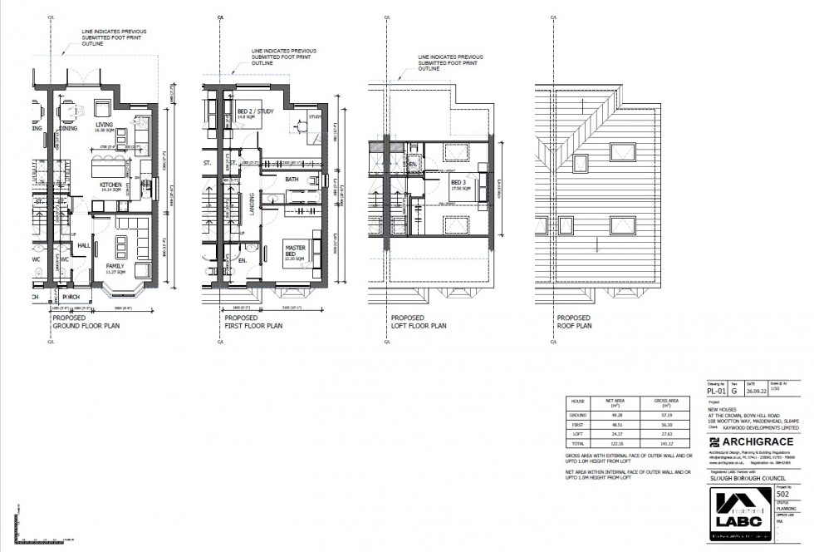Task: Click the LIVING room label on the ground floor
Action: click(x=104, y=126)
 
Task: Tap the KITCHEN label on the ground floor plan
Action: click(x=111, y=185)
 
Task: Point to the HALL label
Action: click(x=83, y=245)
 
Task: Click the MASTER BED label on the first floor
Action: click(x=296, y=249)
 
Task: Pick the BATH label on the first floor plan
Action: click(x=292, y=179)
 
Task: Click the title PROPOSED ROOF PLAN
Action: click(x=574, y=323)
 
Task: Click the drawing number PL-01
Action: click(x=716, y=388)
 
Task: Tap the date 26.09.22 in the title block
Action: click(x=754, y=388)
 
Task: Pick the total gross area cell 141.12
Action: click(x=668, y=445)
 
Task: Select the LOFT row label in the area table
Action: click(x=576, y=434)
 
